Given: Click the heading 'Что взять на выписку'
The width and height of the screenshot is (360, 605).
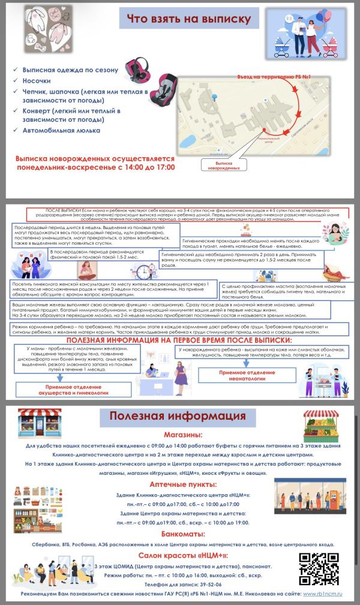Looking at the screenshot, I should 188,19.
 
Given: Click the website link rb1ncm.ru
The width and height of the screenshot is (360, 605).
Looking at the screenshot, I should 322,593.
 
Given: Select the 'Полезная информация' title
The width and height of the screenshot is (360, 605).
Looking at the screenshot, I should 176,416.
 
